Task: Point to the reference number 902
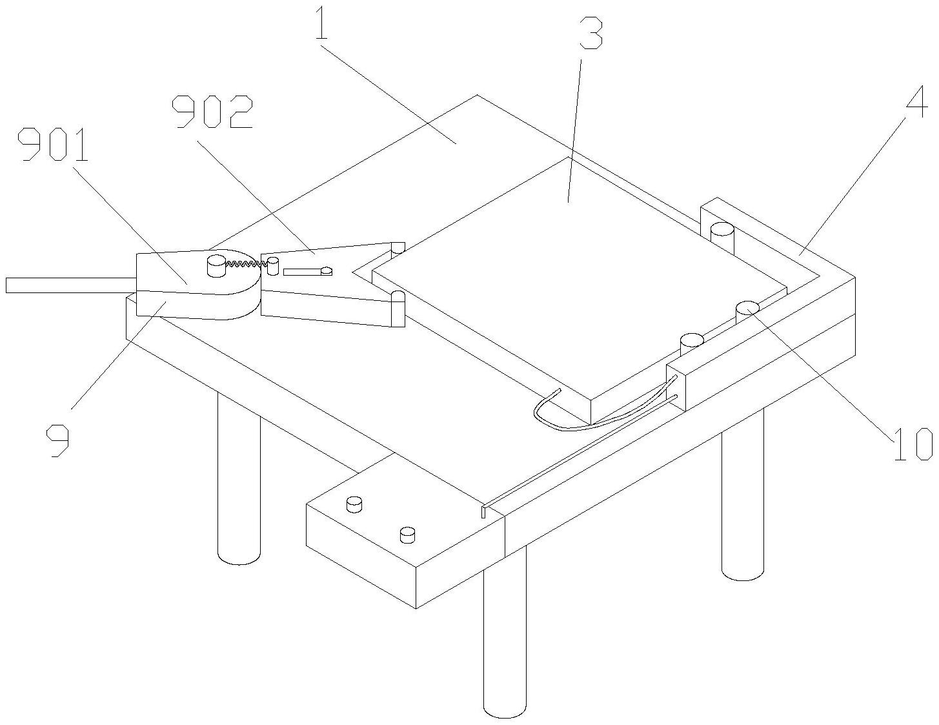212,112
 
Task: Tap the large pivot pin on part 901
216,265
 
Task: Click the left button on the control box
354,504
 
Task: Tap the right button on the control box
407,535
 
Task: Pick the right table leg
742,504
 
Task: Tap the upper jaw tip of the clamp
397,247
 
